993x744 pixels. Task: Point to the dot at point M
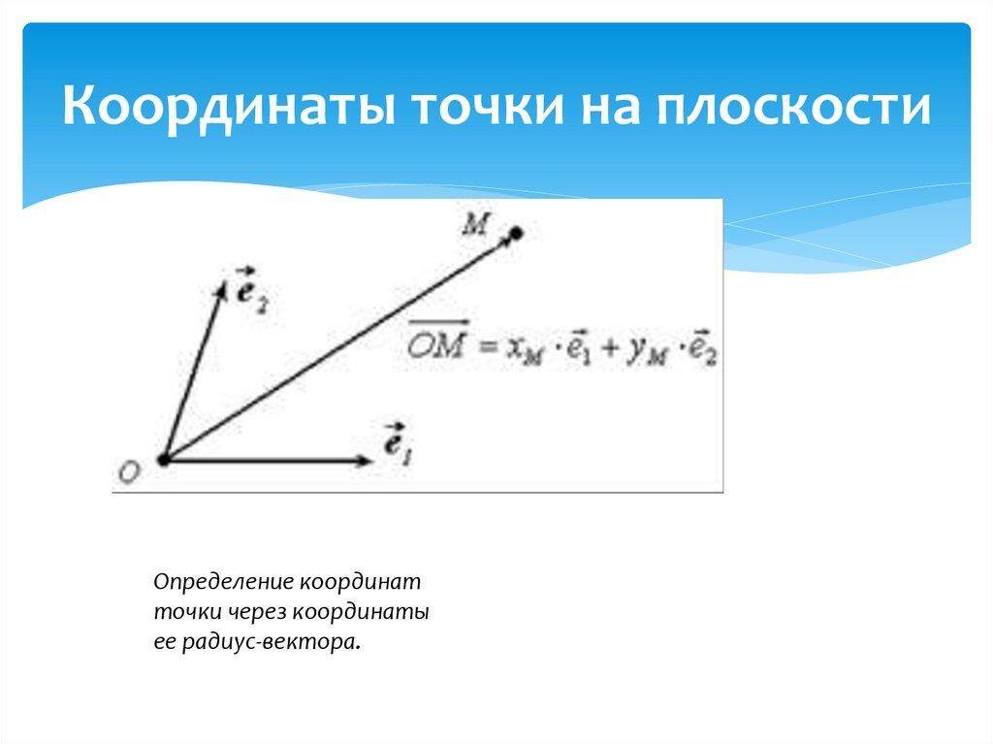[517, 233]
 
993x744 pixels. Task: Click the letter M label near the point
[475, 225]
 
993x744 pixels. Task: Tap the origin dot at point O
[163, 460]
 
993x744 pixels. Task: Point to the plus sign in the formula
[611, 349]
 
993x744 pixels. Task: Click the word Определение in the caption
[223, 583]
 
